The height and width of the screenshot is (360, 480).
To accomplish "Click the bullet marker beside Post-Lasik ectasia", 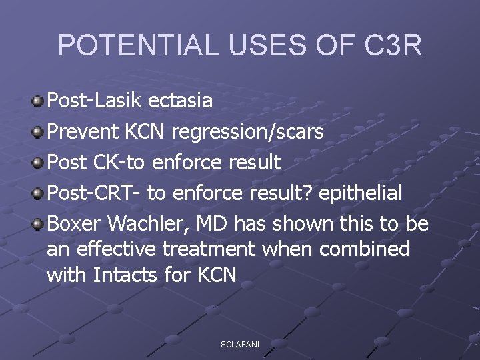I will pyautogui.click(x=38, y=101).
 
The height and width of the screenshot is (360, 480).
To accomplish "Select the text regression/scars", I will pyautogui.click(x=247, y=132).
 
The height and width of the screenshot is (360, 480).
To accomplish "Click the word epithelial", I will pyautogui.click(x=361, y=193).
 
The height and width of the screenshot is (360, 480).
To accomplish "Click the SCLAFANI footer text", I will pyautogui.click(x=240, y=344).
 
